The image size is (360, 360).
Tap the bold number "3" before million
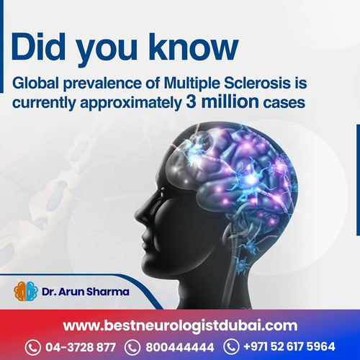[x=207, y=102]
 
